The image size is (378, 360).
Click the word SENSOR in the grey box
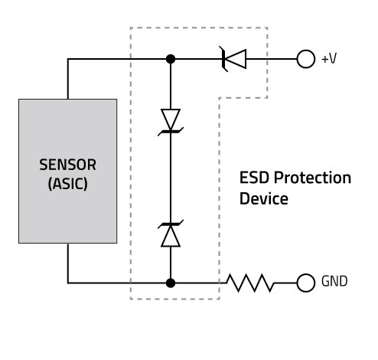[68, 165]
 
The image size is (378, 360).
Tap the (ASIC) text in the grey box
[68, 183]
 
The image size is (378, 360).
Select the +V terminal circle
[306, 59]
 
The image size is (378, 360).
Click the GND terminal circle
[306, 283]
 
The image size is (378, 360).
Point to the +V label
[329, 58]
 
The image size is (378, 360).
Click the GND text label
[334, 281]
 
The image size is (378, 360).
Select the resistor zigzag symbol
[250, 283]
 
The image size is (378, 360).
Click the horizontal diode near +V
[233, 59]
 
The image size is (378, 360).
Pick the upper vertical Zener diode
[171, 122]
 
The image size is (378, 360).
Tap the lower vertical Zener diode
[171, 234]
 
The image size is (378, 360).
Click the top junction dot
[171, 59]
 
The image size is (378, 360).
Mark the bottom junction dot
[171, 283]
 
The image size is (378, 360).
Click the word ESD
[254, 178]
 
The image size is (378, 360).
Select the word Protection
[312, 178]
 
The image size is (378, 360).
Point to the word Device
[264, 198]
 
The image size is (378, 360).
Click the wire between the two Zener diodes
[171, 178]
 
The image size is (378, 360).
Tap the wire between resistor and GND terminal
[285, 283]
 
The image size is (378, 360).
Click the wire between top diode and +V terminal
[272, 59]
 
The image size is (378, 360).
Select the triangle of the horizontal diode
[236, 59]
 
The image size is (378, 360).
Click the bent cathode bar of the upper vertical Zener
[171, 132]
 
